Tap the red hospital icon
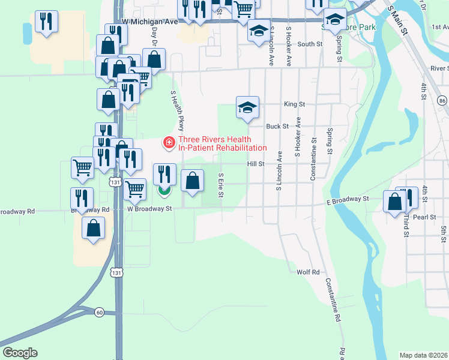pos(169,143)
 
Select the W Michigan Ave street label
pos(150,22)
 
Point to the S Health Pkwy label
pos(177,111)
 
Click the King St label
pos(295,104)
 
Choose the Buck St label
pos(277,127)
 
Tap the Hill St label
pos(255,164)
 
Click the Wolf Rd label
pos(308,272)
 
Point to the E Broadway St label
pos(348,199)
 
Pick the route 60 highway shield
pos(99,311)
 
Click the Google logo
pos(20,353)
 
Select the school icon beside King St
pos(247,107)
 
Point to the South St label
pos(310,44)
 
